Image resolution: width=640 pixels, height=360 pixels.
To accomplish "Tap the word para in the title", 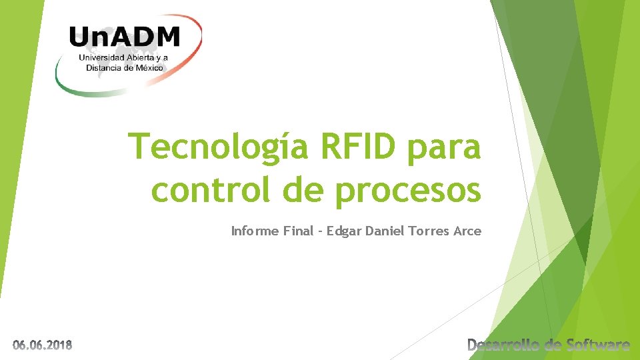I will pos(445,148).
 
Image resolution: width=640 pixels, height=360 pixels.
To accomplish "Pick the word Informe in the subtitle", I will pos(253,231).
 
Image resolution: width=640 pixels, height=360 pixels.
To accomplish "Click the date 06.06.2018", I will pos(43,345).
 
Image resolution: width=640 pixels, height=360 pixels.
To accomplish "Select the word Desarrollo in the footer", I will pos(505,345).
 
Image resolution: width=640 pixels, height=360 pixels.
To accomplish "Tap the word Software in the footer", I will pos(597,345).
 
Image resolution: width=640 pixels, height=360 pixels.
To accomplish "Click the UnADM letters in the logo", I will pos(125,36).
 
